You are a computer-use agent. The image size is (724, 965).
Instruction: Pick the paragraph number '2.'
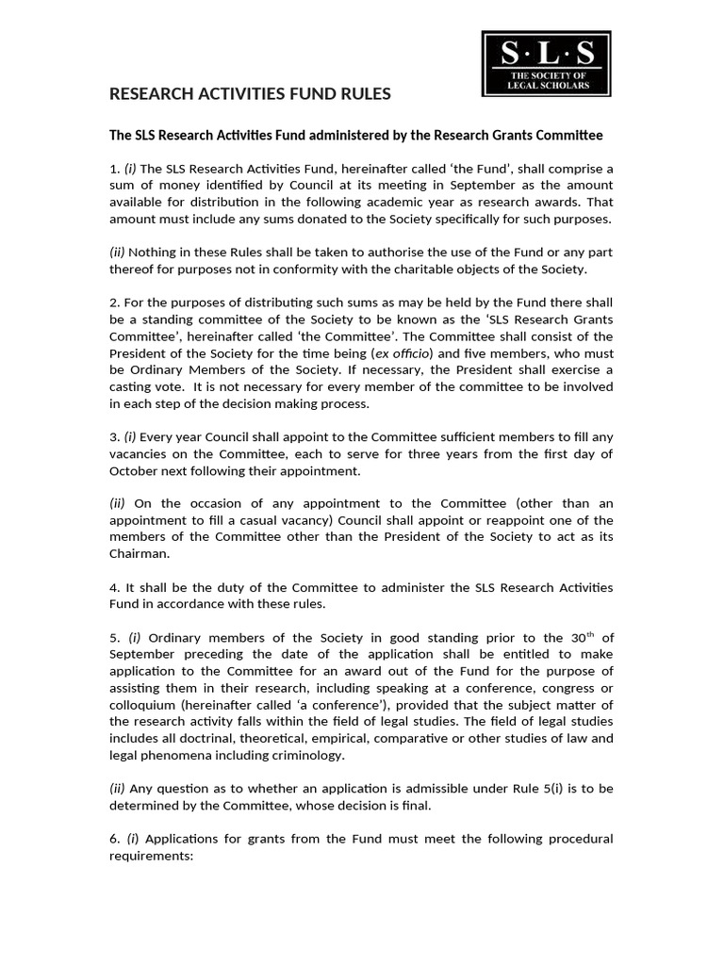(115, 303)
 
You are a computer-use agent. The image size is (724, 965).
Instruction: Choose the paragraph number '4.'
(115, 588)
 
